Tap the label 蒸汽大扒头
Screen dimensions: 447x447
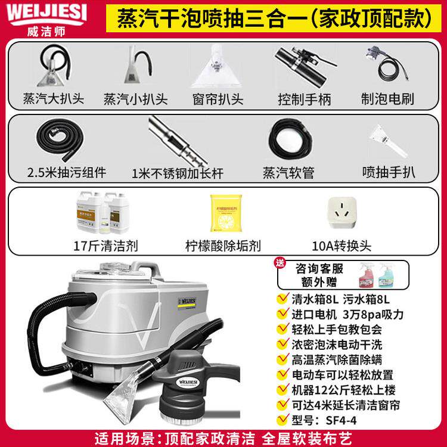53,98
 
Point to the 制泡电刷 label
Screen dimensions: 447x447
387,98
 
